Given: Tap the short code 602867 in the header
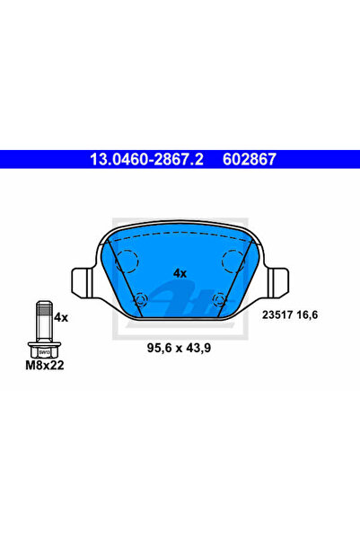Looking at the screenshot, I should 249,159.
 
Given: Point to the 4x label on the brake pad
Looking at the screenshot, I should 180,272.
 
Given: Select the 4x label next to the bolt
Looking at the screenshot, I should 61,317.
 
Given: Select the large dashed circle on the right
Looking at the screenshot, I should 233,261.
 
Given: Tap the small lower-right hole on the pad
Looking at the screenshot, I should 220,300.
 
